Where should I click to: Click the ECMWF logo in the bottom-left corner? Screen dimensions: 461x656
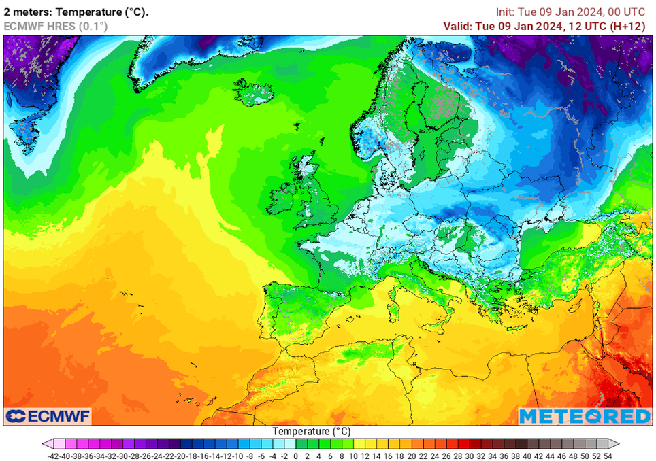pos(48,416)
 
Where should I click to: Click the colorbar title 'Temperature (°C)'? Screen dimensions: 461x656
pos(312,431)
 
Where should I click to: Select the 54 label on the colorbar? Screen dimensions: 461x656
pos(608,456)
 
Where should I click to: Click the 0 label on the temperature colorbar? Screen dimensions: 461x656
pos(295,456)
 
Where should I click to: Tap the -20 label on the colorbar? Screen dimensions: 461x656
pos(178,456)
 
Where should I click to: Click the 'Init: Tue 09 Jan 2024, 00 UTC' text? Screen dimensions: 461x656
pos(570,12)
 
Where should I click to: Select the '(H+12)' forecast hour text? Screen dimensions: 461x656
pos(625,26)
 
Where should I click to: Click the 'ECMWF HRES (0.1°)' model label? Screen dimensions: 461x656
pos(56,26)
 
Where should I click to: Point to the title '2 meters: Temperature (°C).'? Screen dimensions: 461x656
pos(76,12)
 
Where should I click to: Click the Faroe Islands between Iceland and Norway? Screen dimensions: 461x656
pos(297,125)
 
